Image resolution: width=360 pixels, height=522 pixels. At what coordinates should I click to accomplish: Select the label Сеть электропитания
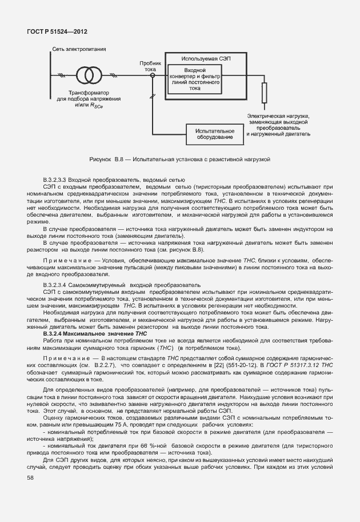point(79,50)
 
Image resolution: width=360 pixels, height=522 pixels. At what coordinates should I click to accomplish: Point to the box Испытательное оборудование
point(211,133)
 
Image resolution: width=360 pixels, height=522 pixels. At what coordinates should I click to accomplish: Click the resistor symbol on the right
point(264,93)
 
